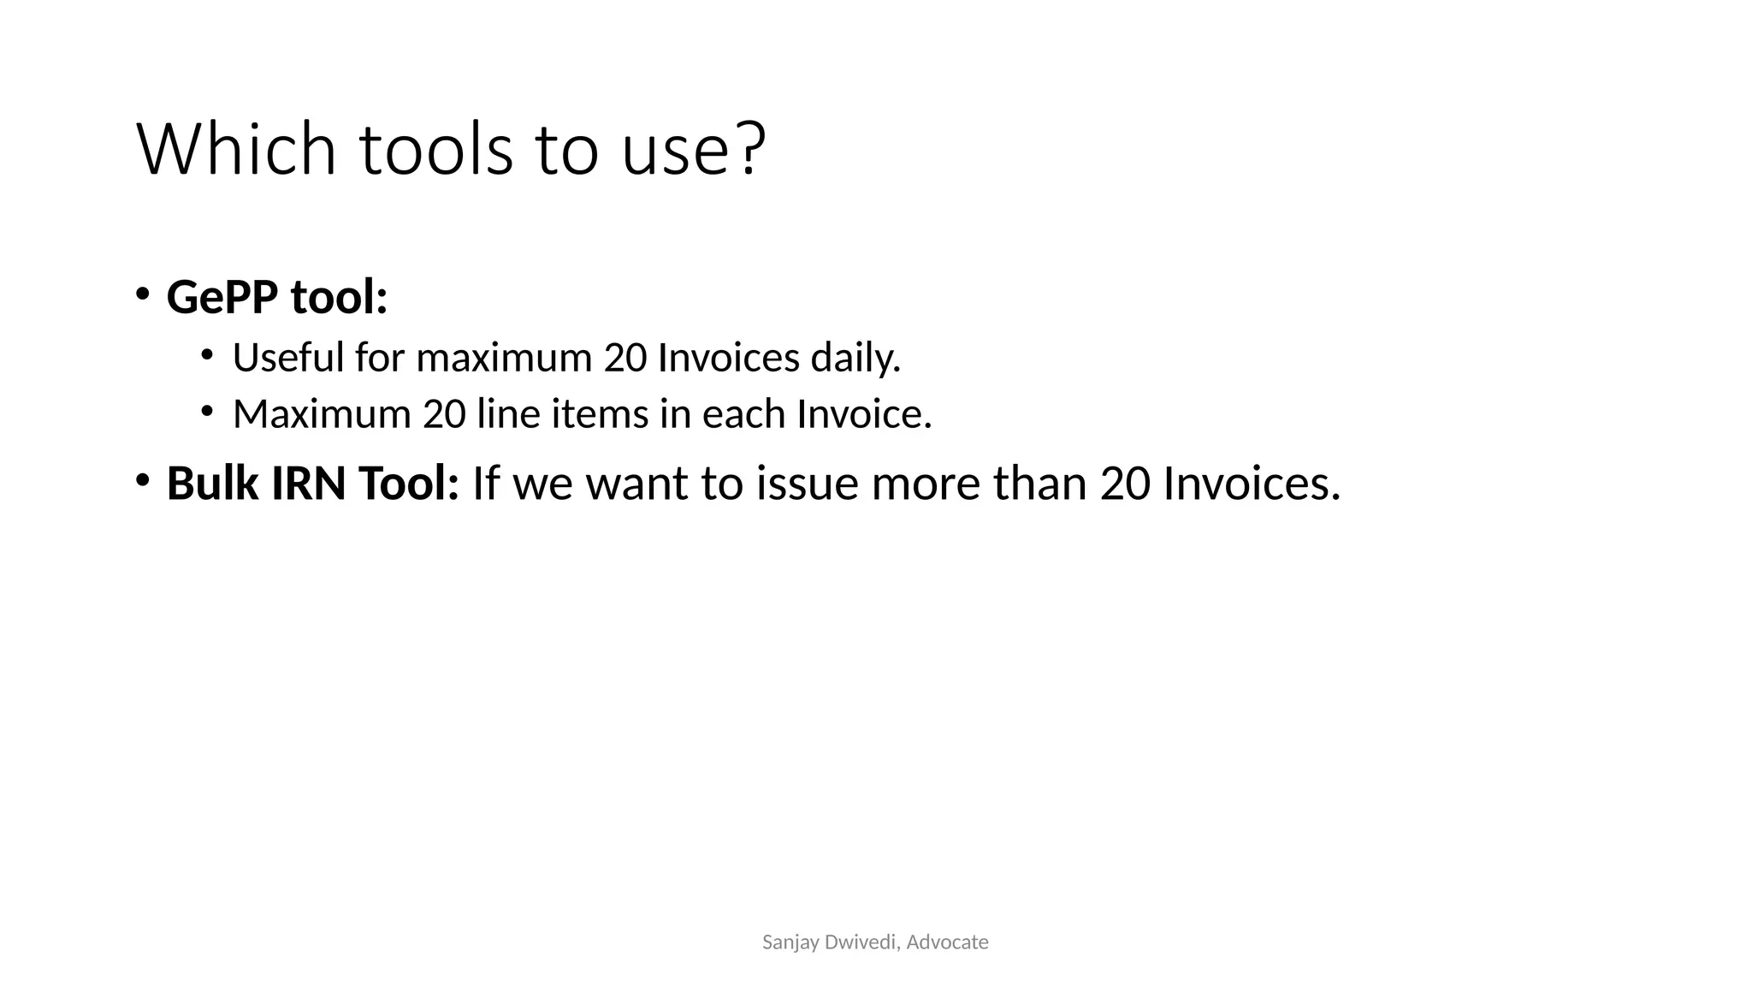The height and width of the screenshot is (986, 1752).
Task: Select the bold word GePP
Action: point(222,298)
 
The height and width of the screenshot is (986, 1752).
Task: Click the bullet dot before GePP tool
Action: point(142,294)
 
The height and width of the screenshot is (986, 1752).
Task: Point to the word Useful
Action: point(288,358)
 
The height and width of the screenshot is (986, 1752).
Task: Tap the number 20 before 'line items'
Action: point(444,414)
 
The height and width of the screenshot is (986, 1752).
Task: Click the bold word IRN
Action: point(309,484)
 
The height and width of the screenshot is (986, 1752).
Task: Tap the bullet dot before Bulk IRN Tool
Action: point(142,479)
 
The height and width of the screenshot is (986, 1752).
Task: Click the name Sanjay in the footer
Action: point(784,942)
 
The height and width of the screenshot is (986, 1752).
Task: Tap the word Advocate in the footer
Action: point(947,942)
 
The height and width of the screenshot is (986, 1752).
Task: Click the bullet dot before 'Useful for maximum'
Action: point(207,353)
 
